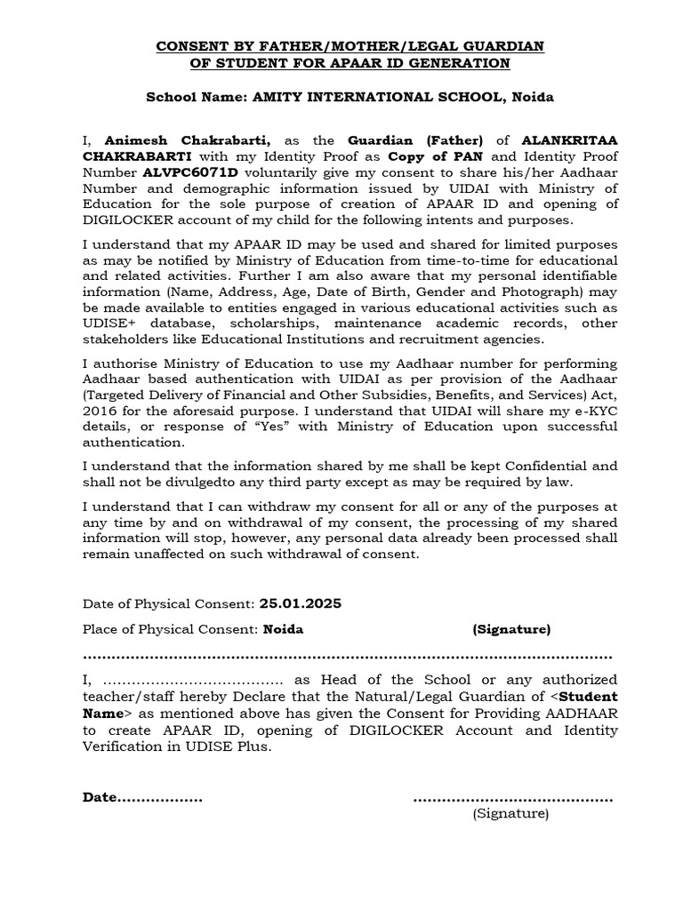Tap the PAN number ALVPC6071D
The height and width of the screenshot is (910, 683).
(191, 172)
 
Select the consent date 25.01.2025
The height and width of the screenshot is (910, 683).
(300, 603)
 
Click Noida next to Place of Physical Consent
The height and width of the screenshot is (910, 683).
(283, 629)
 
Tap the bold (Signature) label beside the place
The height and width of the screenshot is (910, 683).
(511, 629)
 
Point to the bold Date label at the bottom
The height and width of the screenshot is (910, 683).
(100, 797)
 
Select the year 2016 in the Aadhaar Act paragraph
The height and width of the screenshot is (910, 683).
(99, 411)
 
